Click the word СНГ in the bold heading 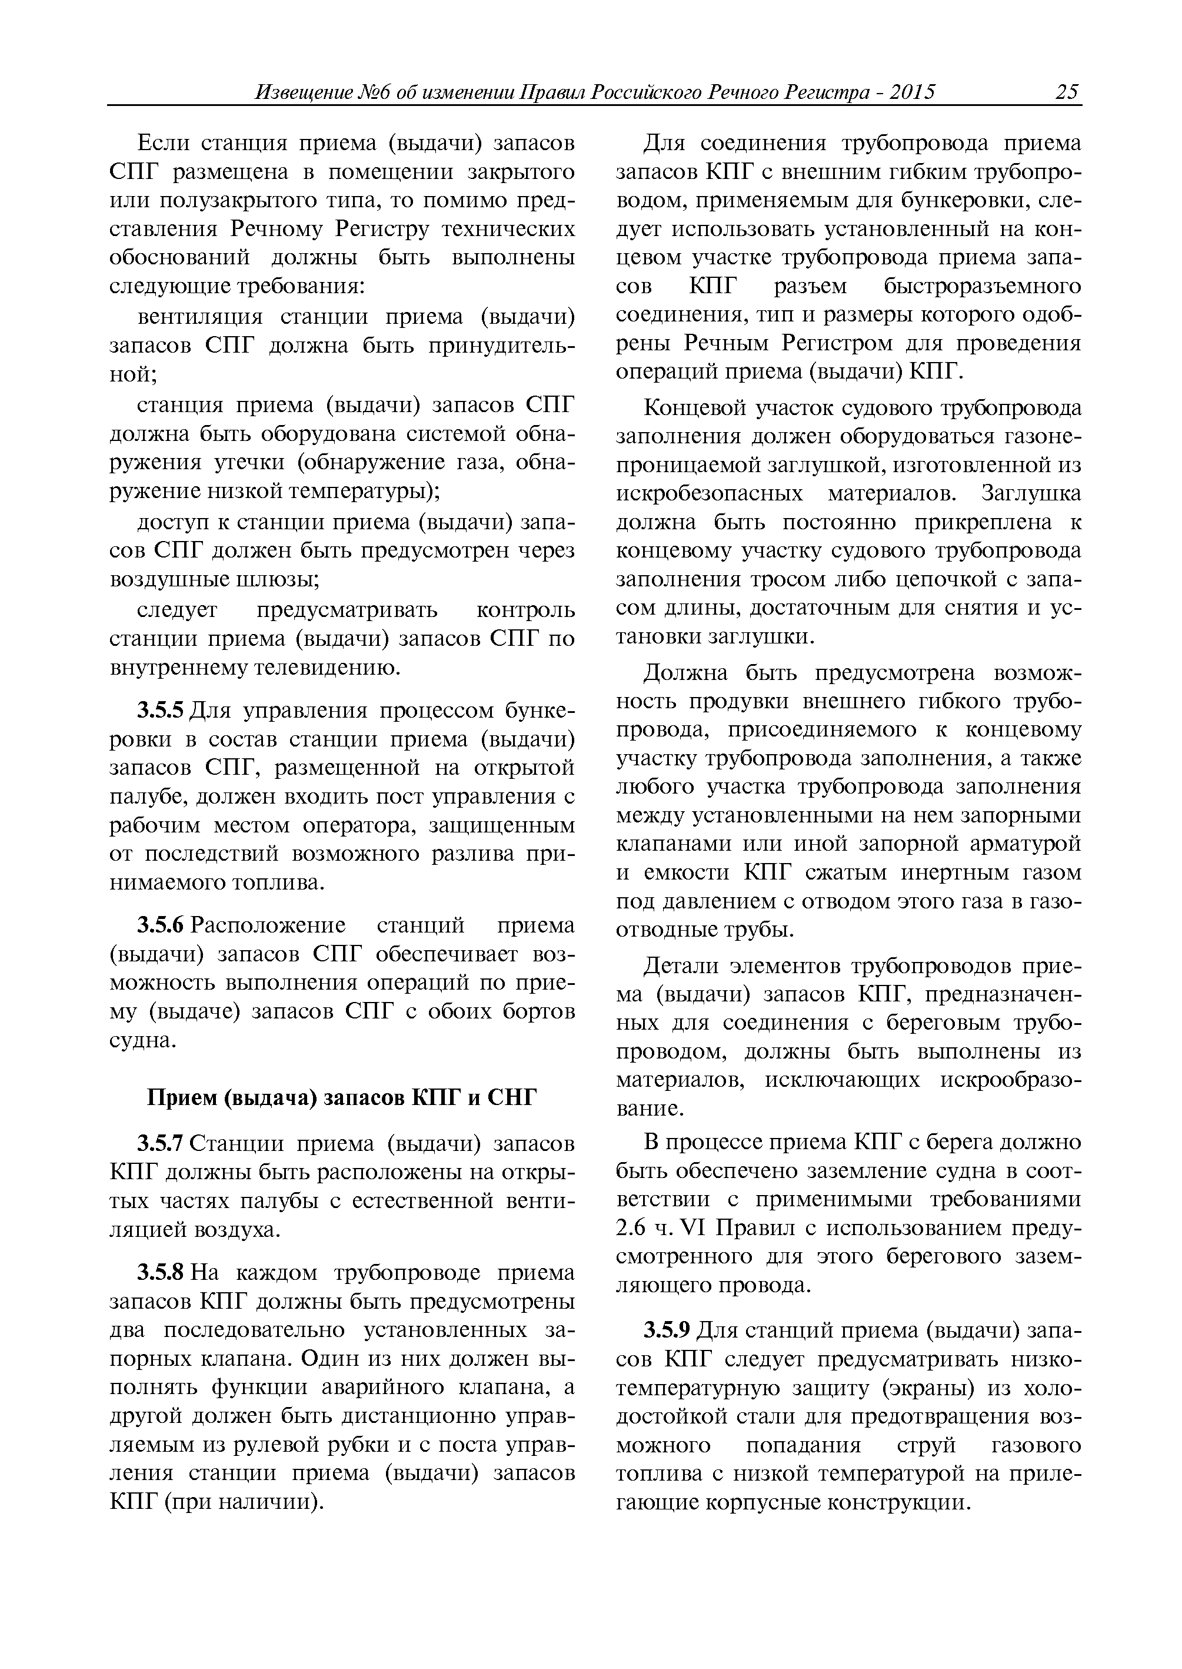pos(510,1097)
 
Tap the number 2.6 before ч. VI pos(630,1229)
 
